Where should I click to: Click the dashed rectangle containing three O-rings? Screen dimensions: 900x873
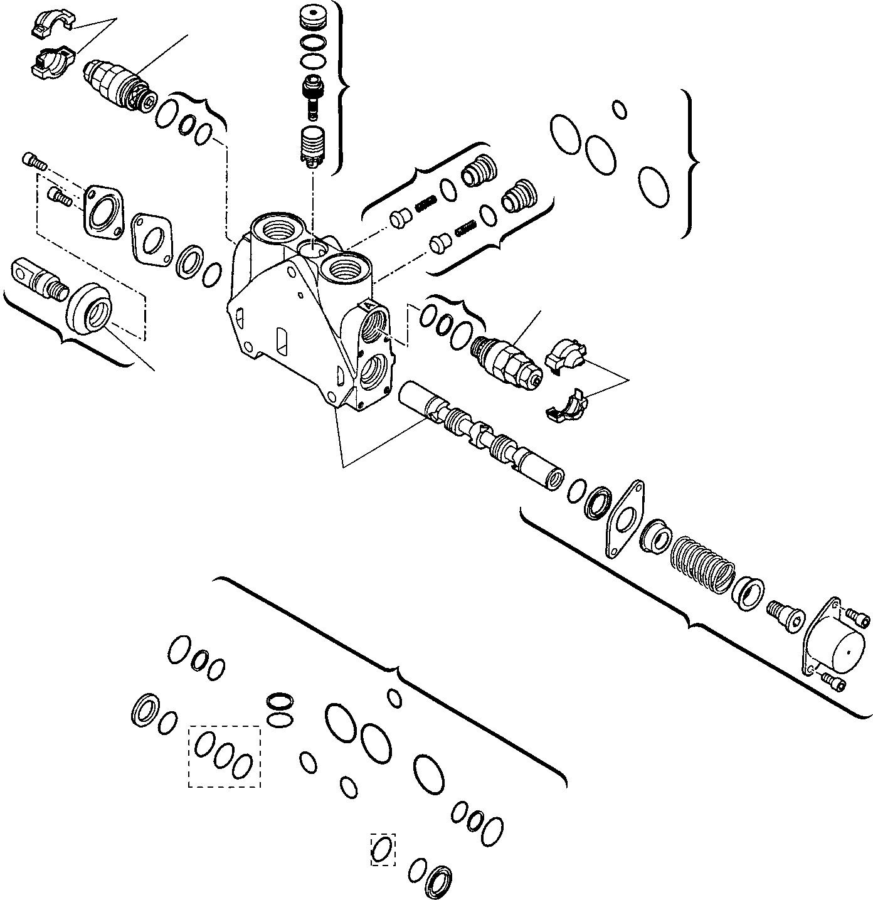pyautogui.click(x=225, y=756)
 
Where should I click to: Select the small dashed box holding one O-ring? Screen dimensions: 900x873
pyautogui.click(x=383, y=849)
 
